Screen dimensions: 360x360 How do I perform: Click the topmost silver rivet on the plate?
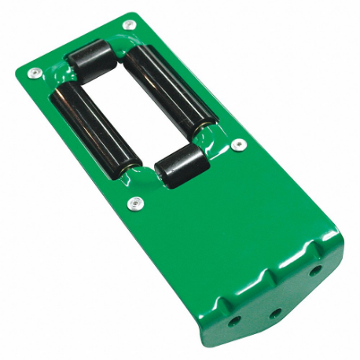click(x=129, y=25)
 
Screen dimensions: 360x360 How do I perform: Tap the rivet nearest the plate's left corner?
click(x=33, y=73)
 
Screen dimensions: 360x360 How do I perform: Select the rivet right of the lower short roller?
click(x=240, y=145)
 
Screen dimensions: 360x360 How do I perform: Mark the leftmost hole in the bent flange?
click(x=234, y=321)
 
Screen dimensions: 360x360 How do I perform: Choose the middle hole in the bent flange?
click(x=275, y=312)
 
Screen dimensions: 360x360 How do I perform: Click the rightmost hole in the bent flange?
click(x=314, y=270)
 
